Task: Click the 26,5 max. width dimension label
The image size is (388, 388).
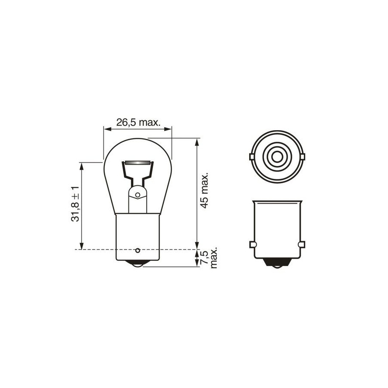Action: click(138, 122)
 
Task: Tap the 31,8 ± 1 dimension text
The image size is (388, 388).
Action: click(75, 203)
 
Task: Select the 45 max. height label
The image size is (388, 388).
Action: click(204, 191)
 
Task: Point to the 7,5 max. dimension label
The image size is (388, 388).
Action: click(210, 257)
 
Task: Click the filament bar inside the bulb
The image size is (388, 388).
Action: click(138, 163)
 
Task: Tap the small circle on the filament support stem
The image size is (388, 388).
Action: click(138, 195)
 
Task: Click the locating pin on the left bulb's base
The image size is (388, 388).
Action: click(138, 250)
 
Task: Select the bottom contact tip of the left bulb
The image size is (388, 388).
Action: click(138, 264)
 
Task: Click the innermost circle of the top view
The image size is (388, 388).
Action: click(277, 156)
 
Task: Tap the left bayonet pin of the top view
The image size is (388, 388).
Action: click(251, 157)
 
